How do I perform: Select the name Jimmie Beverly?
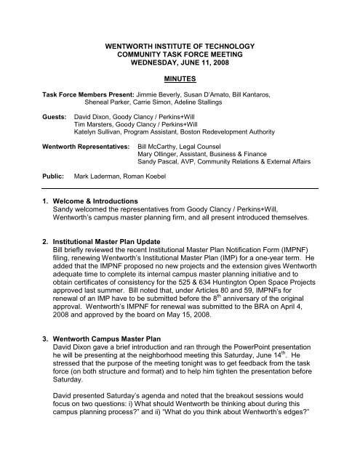pos(158,94)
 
